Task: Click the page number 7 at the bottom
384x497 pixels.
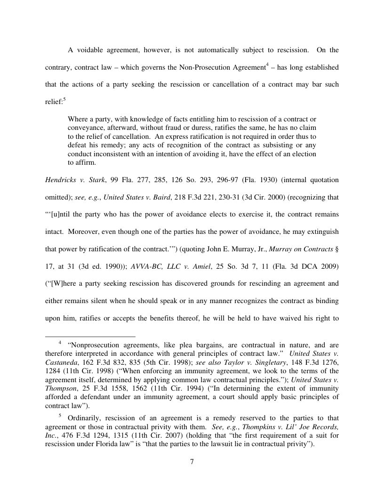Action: [192, 461]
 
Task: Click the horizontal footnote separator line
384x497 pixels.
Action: [90, 337]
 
